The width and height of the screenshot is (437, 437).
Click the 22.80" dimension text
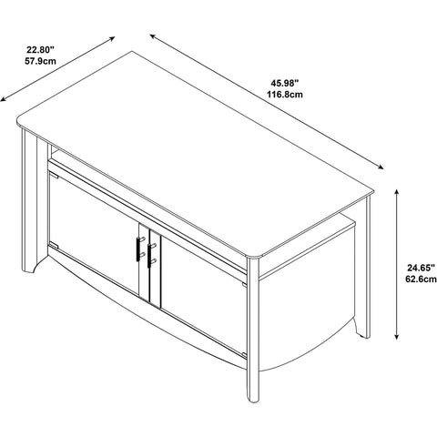pos(40,49)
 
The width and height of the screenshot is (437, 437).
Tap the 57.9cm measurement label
pos(40,61)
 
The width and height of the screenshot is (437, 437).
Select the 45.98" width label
pos(285,82)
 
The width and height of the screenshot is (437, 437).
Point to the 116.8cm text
pos(285,95)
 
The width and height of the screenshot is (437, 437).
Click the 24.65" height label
pos(421,268)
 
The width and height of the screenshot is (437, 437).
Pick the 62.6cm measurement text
pos(421,279)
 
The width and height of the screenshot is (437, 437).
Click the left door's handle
pos(138,249)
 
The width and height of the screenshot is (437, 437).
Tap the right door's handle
pos(149,255)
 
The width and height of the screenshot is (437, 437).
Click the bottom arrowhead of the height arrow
pos(396,337)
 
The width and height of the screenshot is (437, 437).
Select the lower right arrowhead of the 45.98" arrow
pos(381,167)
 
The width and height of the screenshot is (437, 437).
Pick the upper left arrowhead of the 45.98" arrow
pos(152,36)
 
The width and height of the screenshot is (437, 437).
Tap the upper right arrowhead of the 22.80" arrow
pos(112,38)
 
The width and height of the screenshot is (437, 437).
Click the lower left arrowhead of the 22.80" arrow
pos(3,99)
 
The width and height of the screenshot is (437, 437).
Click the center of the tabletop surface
pos(194,155)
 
